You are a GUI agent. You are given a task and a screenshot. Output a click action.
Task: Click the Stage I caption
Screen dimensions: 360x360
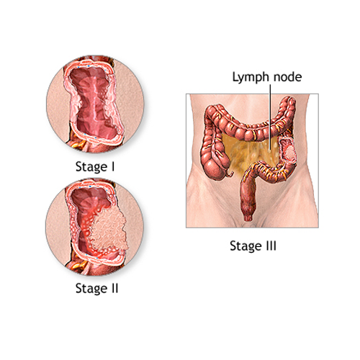click(95, 166)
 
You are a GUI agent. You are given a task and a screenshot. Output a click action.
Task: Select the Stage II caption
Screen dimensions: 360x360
click(97, 288)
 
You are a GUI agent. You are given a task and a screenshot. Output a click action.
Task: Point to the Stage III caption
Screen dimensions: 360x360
click(253, 246)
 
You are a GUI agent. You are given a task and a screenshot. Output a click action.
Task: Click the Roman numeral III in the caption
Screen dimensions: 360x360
click(271, 246)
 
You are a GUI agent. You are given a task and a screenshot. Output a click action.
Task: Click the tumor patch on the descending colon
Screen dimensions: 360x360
click(289, 153)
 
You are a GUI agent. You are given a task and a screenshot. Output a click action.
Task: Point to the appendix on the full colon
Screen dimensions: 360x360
click(230, 174)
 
